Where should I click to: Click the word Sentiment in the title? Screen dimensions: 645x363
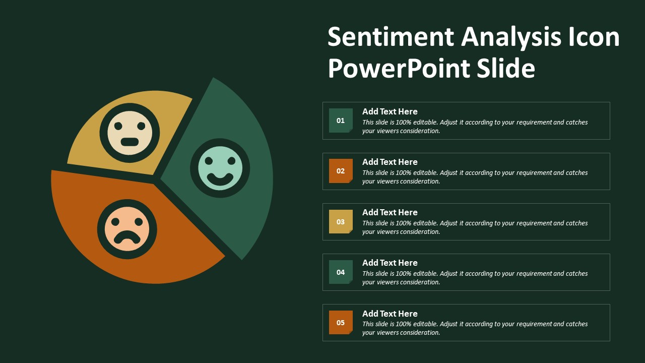click(x=391, y=37)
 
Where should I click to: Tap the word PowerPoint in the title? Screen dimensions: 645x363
click(x=399, y=69)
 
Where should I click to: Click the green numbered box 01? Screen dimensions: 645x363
click(x=341, y=120)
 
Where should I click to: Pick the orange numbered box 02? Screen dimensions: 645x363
click(x=341, y=171)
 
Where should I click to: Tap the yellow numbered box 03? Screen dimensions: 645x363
click(x=341, y=221)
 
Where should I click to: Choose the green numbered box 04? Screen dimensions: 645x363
click(x=341, y=272)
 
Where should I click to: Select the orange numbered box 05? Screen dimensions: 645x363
click(x=341, y=322)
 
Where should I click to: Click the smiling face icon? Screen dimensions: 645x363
click(x=220, y=168)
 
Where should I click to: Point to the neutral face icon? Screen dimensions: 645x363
click(x=130, y=133)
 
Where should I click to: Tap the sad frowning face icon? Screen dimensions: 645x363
click(x=127, y=229)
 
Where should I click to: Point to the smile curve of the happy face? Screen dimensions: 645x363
click(x=220, y=179)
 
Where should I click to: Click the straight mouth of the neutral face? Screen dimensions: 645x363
click(x=130, y=142)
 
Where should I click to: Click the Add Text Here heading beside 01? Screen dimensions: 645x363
click(x=390, y=111)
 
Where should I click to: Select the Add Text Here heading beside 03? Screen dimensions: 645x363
click(x=390, y=212)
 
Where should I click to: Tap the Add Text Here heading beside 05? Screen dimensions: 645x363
click(x=390, y=314)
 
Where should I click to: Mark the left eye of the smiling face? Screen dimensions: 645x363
click(x=209, y=161)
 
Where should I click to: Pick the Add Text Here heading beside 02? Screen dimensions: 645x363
click(x=390, y=162)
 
